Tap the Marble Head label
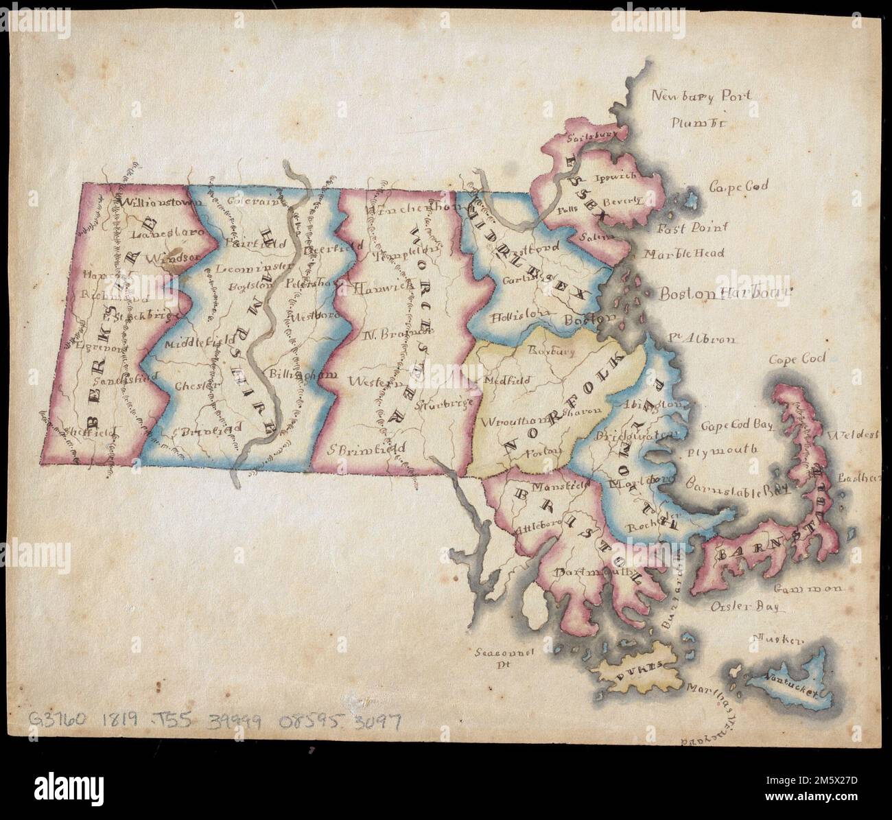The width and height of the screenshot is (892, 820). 684,254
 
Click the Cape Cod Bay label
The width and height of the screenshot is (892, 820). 736,425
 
